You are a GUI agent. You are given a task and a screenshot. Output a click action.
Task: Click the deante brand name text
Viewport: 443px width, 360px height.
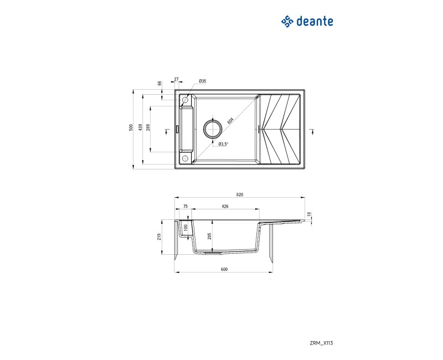315,22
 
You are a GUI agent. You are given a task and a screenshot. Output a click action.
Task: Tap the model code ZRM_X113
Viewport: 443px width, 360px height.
321,343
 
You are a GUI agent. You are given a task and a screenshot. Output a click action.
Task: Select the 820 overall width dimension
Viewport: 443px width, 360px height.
240,194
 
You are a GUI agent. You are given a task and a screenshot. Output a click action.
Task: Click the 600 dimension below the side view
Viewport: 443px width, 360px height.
224,269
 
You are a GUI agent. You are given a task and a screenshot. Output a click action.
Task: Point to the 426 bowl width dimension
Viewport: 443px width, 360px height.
225,206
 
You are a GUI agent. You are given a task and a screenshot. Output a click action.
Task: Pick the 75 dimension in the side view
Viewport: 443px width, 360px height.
186,206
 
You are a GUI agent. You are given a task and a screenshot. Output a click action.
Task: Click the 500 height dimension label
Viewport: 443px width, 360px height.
131,127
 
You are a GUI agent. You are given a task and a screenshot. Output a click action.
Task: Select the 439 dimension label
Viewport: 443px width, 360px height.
140,127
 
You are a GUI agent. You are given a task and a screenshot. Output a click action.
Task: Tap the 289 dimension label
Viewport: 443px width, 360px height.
148,127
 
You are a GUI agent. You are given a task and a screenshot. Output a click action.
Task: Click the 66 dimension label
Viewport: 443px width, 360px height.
159,84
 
